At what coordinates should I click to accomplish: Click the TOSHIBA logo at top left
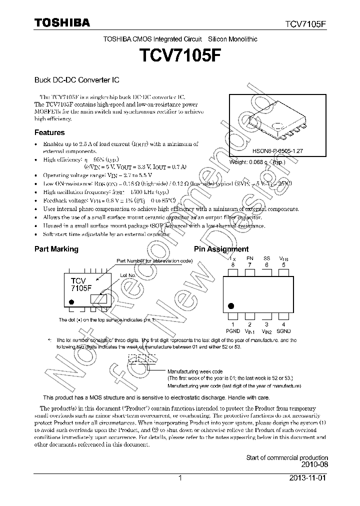[x=62, y=22]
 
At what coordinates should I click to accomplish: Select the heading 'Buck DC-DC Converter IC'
[x=76, y=80]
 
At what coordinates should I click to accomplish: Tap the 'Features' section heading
[x=49, y=132]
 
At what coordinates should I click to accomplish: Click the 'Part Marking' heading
[x=56, y=249]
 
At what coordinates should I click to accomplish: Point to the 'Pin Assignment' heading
[x=221, y=249]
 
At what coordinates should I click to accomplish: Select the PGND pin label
[x=233, y=331]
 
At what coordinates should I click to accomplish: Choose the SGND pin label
[x=283, y=331]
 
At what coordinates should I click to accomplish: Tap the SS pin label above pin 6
[x=266, y=258]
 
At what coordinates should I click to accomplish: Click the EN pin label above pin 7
[x=250, y=258]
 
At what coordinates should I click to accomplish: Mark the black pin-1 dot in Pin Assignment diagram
[x=231, y=305]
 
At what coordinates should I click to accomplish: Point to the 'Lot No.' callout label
[x=128, y=275]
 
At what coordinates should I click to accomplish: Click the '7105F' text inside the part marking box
[x=81, y=288]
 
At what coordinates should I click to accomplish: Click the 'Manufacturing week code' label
[x=195, y=372]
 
